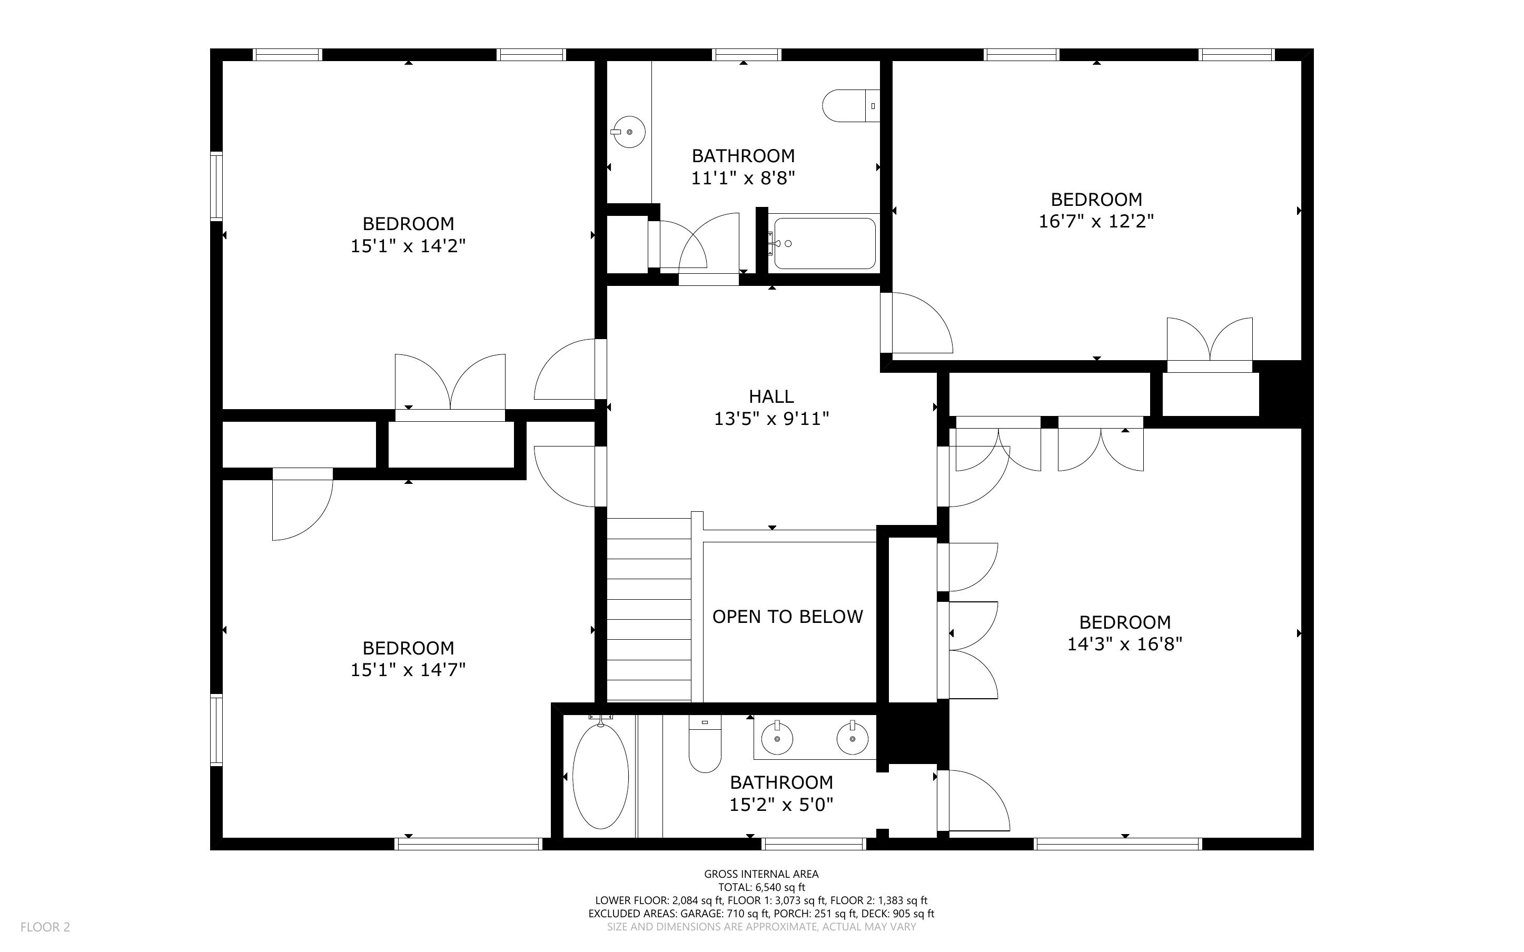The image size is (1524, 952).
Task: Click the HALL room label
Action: pyautogui.click(x=771, y=396)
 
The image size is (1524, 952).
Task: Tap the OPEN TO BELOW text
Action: pyautogui.click(x=787, y=617)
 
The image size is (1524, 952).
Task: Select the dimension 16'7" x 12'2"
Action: pyautogui.click(x=1096, y=222)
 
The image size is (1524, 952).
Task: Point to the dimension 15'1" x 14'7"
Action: pyautogui.click(x=408, y=670)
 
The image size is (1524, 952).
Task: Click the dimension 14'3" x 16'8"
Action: pyautogui.click(x=1125, y=644)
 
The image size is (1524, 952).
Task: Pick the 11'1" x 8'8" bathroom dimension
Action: pyautogui.click(x=743, y=178)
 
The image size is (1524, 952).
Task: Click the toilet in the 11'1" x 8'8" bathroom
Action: pyautogui.click(x=850, y=106)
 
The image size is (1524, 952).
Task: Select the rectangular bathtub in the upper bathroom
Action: pyautogui.click(x=824, y=244)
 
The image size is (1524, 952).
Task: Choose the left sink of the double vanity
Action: pyautogui.click(x=777, y=737)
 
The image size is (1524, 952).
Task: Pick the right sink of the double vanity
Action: pyautogui.click(x=853, y=737)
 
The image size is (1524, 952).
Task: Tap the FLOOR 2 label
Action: pyautogui.click(x=45, y=927)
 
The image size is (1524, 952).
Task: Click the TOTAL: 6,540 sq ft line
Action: pyautogui.click(x=761, y=887)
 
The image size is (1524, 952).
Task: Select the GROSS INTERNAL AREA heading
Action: pyautogui.click(x=761, y=874)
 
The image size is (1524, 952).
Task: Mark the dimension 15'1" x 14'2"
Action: pyautogui.click(x=408, y=245)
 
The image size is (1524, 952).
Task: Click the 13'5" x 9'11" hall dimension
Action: pyautogui.click(x=771, y=419)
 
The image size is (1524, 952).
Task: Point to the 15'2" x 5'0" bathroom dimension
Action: pyautogui.click(x=781, y=805)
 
